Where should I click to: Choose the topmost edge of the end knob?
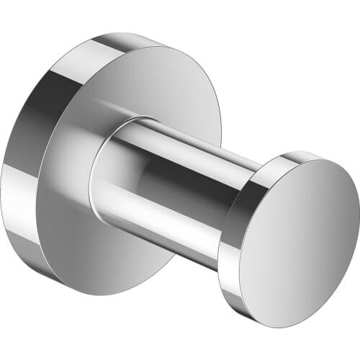302,152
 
